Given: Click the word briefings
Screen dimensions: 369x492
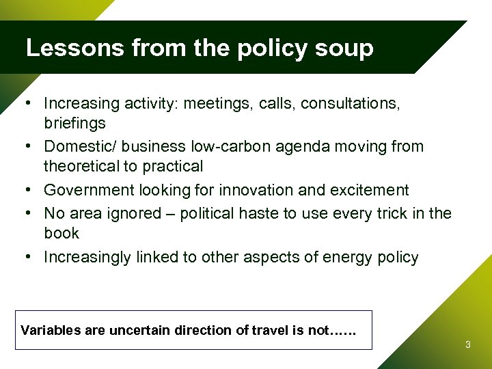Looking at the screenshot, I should (74, 123).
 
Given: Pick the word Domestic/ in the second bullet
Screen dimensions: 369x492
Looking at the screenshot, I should (75, 146).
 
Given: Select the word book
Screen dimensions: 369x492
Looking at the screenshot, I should (61, 233).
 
